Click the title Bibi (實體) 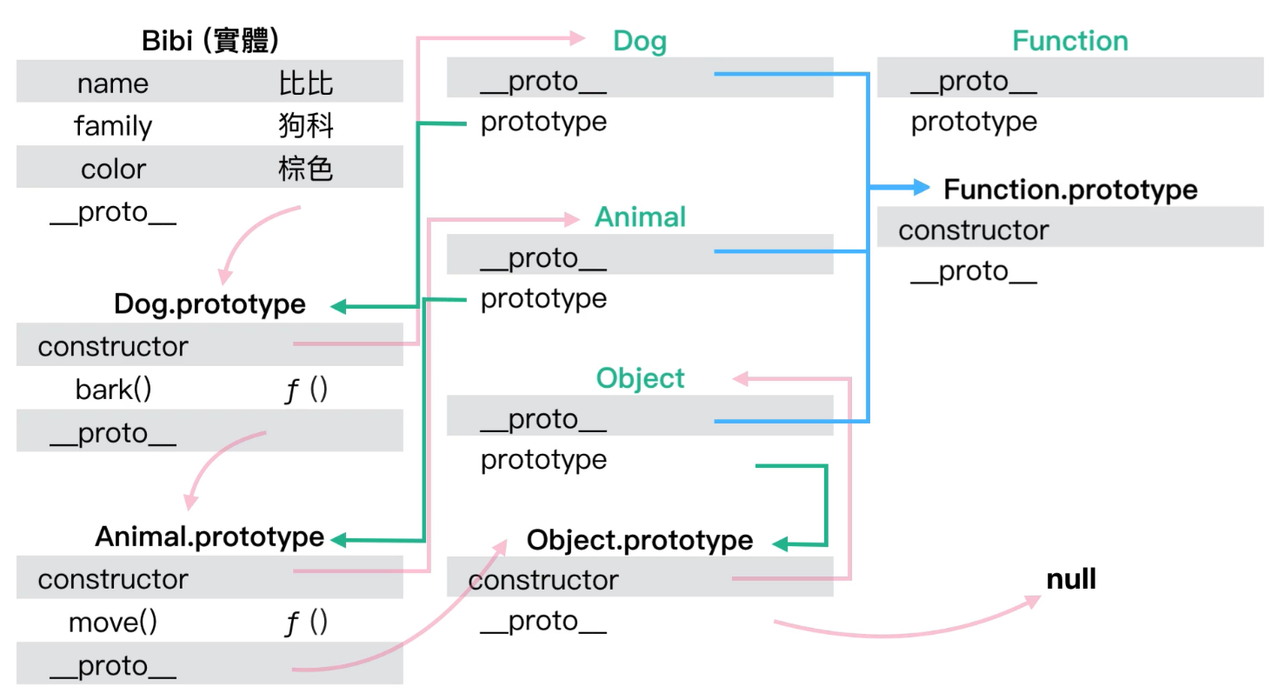[210, 41]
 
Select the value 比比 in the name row [306, 83]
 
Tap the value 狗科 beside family [306, 125]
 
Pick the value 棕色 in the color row [306, 169]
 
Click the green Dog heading [640, 41]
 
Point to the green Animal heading [640, 217]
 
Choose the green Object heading [640, 378]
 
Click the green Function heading [1070, 41]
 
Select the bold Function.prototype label [1070, 190]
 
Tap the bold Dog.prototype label [210, 304]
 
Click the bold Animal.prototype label [210, 537]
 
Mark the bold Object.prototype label [640, 541]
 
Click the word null [1071, 579]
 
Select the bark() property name [114, 390]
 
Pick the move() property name [113, 623]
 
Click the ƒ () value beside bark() [306, 390]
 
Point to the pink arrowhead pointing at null [1032, 602]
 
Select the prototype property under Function [974, 123]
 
